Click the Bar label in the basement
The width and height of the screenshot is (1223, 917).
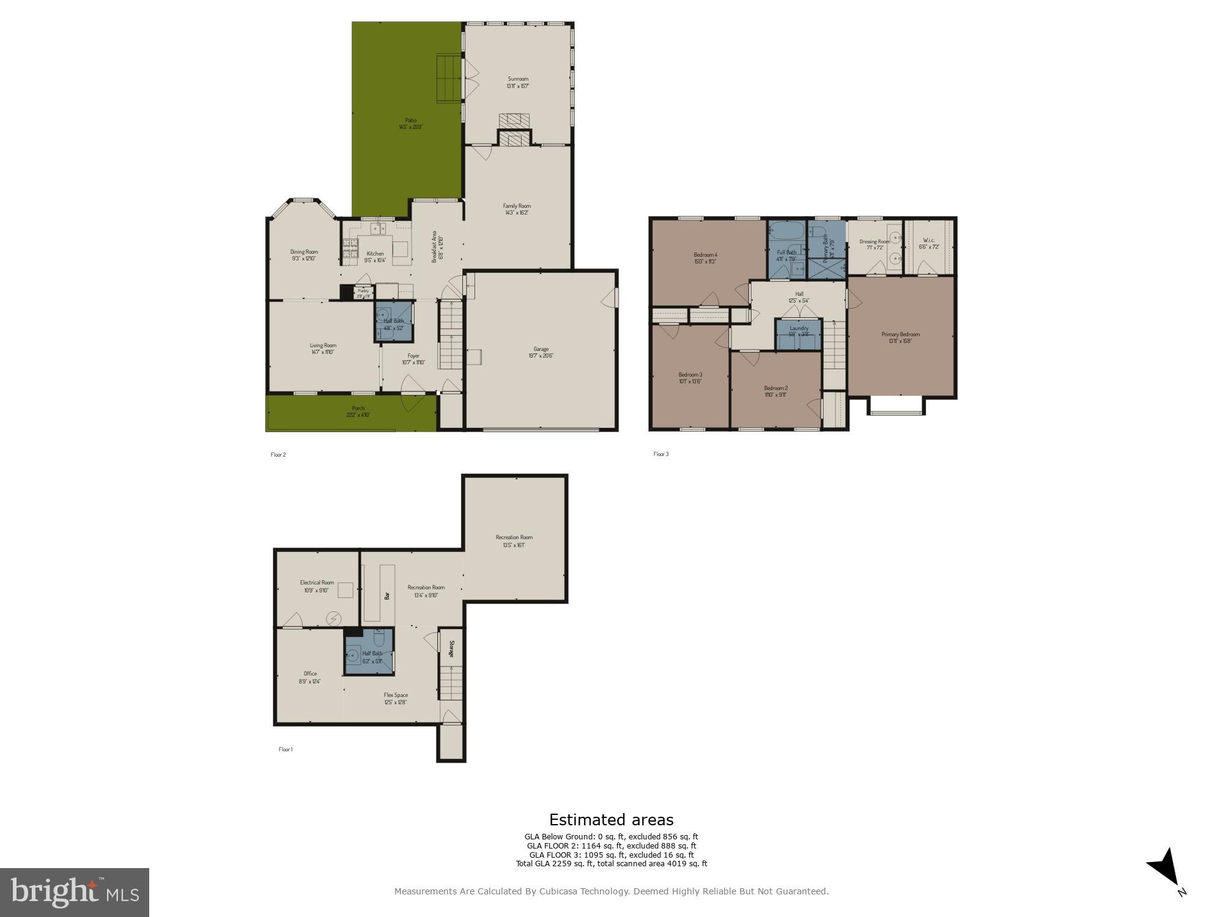click(x=386, y=595)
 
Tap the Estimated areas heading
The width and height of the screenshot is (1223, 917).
click(x=611, y=820)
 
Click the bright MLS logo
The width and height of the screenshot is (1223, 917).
click(x=75, y=892)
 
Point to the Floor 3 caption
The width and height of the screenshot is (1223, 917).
click(x=661, y=454)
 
